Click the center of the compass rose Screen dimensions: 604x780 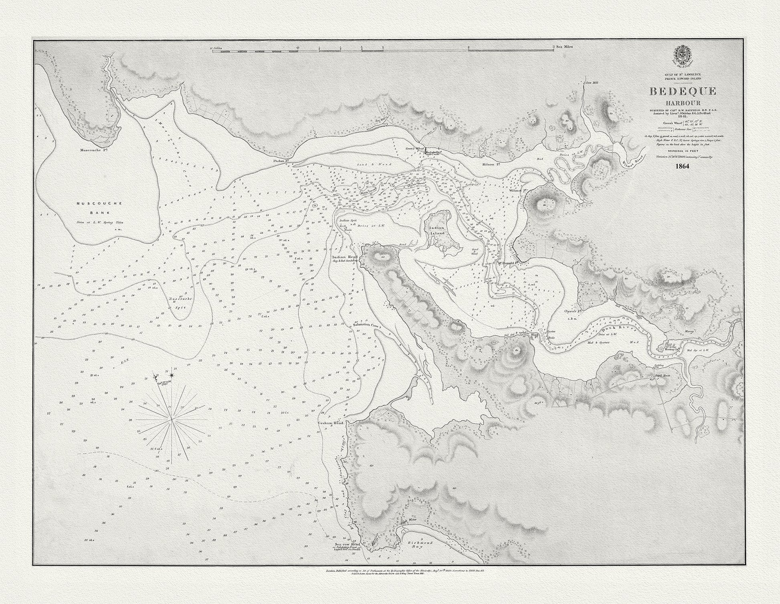point(172,419)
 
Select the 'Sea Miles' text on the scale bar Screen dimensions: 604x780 point(564,47)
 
